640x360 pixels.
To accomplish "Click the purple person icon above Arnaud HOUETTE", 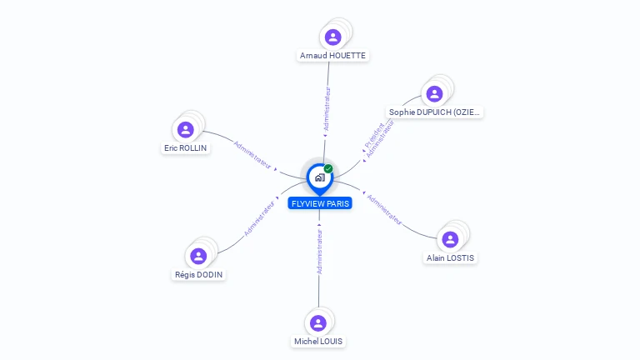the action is [333, 37].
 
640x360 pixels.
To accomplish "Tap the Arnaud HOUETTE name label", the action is [332, 56].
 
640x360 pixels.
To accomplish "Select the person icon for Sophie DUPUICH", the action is [434, 94].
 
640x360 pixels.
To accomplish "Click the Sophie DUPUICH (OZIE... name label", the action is [434, 112].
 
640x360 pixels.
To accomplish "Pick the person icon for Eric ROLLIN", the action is [185, 130].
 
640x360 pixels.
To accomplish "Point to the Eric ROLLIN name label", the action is [185, 148].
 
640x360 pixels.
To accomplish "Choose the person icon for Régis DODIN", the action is [198, 257].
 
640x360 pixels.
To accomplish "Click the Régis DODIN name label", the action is [199, 275].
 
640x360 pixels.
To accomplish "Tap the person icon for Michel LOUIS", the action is [318, 323].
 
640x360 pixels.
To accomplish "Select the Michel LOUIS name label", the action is [318, 342].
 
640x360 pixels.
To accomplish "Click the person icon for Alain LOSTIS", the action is [450, 240].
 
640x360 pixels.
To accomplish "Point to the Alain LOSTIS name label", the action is [450, 258].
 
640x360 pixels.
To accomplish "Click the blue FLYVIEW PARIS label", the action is [320, 203].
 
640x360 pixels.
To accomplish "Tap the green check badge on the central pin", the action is [328, 168].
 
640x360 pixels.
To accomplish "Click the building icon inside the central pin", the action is [320, 177].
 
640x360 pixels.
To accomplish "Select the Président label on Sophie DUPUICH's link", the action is [374, 136].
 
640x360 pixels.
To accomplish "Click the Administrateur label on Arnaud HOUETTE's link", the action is [327, 108].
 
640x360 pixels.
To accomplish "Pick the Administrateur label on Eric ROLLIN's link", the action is [252, 155].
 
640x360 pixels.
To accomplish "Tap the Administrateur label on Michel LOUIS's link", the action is [320, 252].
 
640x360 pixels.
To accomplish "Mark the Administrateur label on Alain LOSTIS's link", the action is [384, 210].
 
